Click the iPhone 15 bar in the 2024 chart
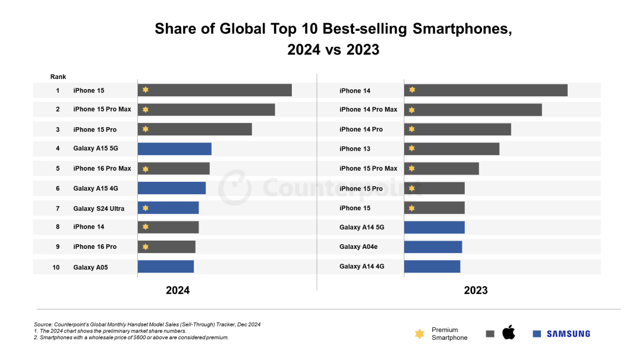[x=215, y=90]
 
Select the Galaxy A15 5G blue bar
[x=174, y=149]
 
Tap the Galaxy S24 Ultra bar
[x=168, y=208]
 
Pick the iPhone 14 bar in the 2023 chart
[x=486, y=90]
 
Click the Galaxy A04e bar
[x=433, y=247]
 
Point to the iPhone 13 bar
[x=452, y=149]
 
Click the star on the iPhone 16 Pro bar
[x=145, y=247]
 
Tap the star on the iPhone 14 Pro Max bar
[x=411, y=110]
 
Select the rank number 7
[x=58, y=209]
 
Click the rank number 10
[x=56, y=267]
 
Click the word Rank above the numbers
[x=58, y=77]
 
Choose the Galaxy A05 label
[x=90, y=267]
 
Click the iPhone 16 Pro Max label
[x=102, y=169]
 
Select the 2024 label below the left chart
[x=178, y=290]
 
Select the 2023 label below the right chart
[x=476, y=290]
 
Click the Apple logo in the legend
[x=508, y=333]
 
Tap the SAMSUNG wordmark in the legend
[x=568, y=334]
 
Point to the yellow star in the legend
[x=420, y=334]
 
